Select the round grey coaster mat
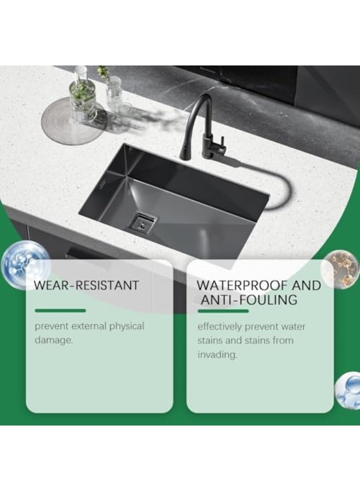(74, 121)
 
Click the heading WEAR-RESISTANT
(86, 285)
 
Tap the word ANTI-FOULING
(249, 300)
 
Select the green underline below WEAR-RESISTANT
(61, 310)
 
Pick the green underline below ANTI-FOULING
(223, 311)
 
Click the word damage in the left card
(53, 340)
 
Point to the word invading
(217, 355)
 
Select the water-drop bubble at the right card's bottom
(348, 391)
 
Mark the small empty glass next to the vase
(113, 91)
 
